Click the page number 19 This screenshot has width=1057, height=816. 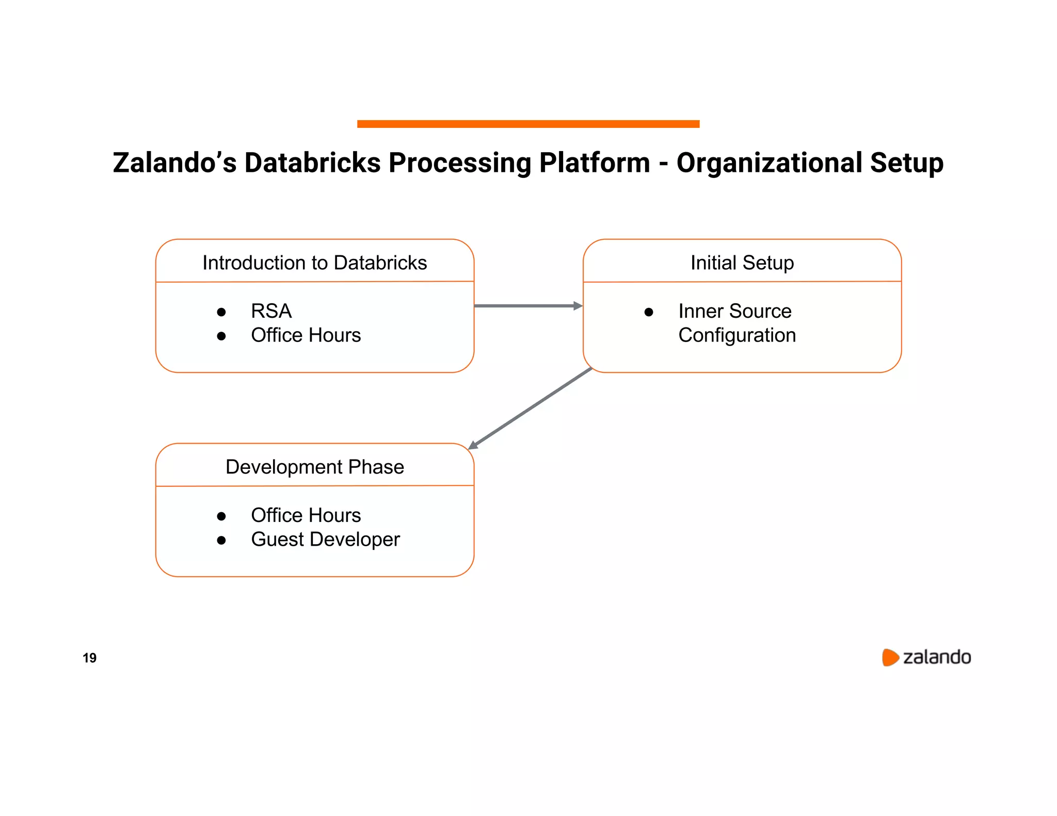pos(89,658)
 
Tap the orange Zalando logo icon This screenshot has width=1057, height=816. pos(890,657)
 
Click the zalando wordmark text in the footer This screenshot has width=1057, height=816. pos(937,657)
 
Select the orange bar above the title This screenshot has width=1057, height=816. pos(528,124)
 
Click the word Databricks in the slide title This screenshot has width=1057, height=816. pos(312,163)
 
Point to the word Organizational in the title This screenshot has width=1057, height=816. pos(770,163)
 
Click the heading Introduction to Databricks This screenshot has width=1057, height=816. pos(314,263)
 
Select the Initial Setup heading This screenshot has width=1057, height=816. pos(742,263)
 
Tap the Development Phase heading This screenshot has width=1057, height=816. pos(314,467)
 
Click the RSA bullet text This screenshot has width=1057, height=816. pos(271,311)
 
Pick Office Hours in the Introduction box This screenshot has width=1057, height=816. pos(306,335)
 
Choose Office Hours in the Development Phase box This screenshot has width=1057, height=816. pos(306,515)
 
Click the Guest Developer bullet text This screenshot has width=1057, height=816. pos(325,540)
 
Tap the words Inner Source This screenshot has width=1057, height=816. pos(734,311)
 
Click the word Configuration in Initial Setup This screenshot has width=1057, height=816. pos(736,335)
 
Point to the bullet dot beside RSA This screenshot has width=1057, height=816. pos(221,312)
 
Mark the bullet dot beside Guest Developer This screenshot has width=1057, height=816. pos(221,541)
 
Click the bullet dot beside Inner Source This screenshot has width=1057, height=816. pos(649,312)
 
